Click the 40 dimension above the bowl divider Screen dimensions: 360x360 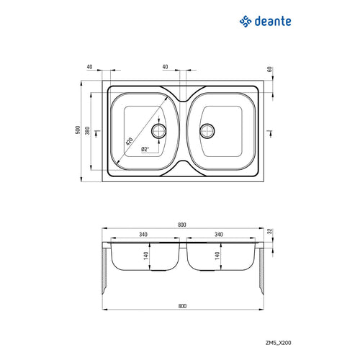[x=166, y=66]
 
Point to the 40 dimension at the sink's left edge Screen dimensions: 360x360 [x=89, y=66]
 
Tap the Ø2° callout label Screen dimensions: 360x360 [x=144, y=149]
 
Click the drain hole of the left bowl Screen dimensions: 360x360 [x=159, y=130]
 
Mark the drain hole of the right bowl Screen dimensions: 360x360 [x=207, y=130]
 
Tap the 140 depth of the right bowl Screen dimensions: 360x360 [x=215, y=255]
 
